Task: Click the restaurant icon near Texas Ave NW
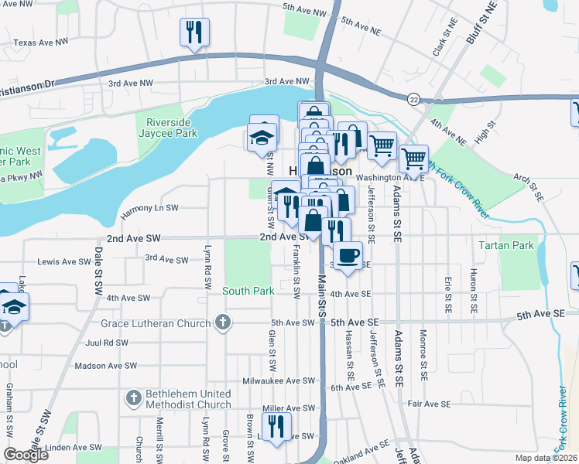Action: point(194,32)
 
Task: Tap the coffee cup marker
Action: point(348,255)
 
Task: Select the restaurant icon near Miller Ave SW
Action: point(276,426)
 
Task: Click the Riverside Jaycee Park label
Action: point(166,125)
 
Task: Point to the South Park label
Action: point(248,292)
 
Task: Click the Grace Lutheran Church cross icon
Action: point(223,322)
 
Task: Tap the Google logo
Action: point(26,454)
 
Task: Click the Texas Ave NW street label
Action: point(46,43)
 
